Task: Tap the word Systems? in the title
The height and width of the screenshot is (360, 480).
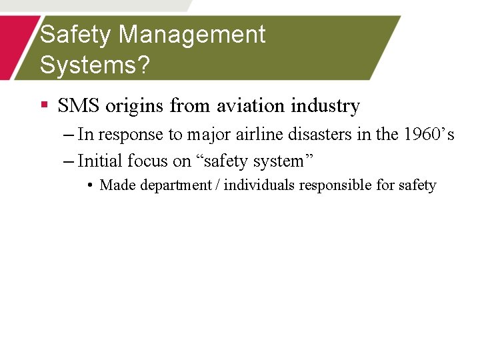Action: [95, 65]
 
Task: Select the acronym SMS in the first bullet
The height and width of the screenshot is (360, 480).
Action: [78, 105]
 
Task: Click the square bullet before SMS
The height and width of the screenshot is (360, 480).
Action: [45, 105]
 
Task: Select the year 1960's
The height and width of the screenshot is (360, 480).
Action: [429, 134]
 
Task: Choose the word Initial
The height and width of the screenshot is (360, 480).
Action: [99, 161]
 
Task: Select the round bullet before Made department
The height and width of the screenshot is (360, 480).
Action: [90, 185]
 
